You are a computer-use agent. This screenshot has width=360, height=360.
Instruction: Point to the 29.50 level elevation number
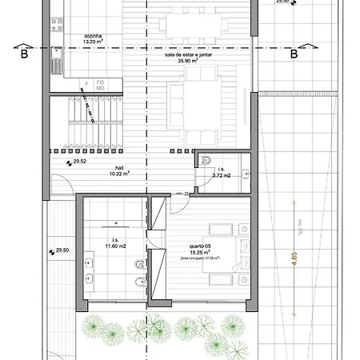[62, 251]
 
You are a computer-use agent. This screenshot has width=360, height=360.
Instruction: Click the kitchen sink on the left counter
[58, 54]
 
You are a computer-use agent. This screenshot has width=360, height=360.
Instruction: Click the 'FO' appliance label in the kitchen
[101, 82]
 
